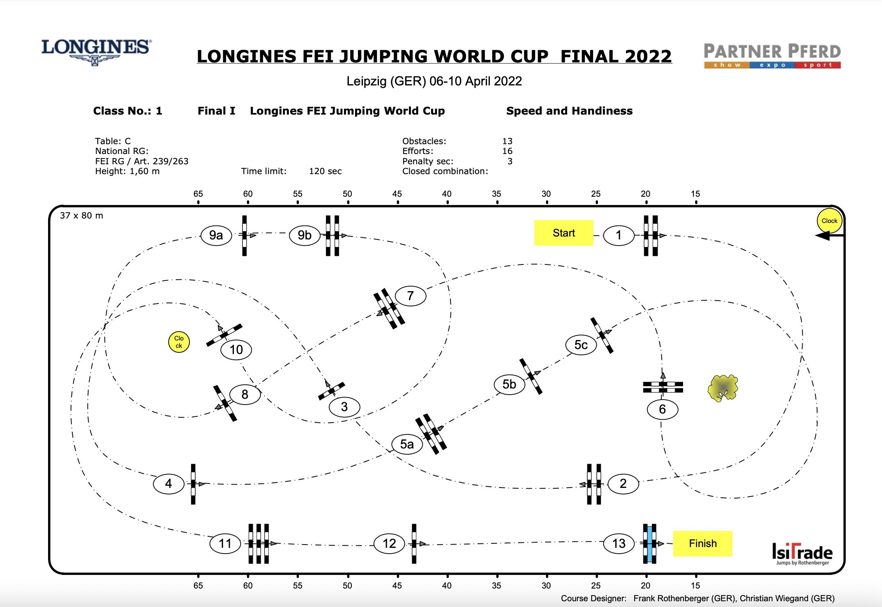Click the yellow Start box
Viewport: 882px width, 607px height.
coord(563,233)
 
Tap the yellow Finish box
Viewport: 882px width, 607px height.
coord(702,543)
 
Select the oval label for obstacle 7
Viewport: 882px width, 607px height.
coord(410,296)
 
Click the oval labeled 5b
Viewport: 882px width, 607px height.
coord(509,384)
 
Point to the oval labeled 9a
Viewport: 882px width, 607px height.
coord(216,235)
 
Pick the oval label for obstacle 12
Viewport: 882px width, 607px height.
coord(389,543)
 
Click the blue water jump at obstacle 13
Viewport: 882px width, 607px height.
coord(650,543)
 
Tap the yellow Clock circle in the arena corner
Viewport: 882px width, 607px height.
coord(829,221)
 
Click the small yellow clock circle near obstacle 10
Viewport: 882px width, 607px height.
coord(179,342)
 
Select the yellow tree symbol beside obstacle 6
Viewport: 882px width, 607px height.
coord(723,388)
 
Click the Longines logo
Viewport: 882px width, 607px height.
coord(96,51)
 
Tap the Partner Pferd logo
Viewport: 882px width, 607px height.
coord(772,55)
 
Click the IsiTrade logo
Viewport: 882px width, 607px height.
coord(802,553)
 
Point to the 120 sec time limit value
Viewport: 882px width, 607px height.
coord(325,171)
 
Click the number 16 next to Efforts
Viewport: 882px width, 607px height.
coord(507,151)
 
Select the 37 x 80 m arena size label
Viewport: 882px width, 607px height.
coord(81,216)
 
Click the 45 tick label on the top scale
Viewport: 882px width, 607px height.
coord(397,194)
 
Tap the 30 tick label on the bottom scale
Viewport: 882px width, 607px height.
coord(546,585)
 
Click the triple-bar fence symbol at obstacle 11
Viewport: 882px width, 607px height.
coord(258,543)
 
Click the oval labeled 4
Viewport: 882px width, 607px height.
coord(168,483)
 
